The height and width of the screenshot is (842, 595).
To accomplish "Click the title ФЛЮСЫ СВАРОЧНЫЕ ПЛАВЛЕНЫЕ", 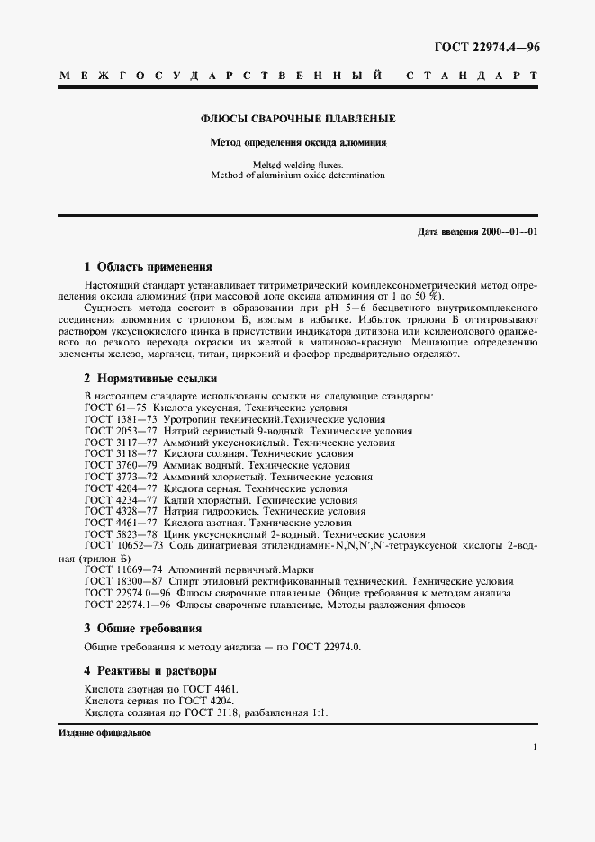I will tap(297, 119).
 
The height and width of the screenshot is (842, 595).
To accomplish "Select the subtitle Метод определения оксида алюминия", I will tap(297, 142).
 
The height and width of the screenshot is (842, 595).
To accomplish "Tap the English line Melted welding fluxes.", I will tap(297, 165).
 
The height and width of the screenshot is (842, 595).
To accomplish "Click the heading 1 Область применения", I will tap(148, 267).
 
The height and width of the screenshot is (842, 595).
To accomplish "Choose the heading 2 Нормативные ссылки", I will tap(150, 379).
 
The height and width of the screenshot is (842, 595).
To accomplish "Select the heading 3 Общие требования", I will tap(142, 628).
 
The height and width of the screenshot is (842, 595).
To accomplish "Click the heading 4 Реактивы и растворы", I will tap(149, 670).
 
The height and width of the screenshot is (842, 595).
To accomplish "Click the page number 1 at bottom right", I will tap(535, 747).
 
